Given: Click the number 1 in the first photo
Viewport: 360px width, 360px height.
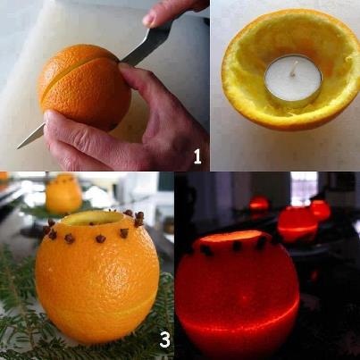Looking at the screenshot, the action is [x=197, y=156].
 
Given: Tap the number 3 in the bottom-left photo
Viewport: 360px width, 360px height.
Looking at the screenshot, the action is [x=164, y=340].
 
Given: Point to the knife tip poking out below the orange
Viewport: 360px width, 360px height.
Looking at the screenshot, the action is [x=29, y=138].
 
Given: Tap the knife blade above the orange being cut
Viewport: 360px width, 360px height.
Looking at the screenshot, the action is [x=146, y=46].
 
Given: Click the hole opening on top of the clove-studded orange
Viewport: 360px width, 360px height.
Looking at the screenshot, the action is [x=92, y=219].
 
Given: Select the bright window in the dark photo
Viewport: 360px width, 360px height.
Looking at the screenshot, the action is [x=304, y=184].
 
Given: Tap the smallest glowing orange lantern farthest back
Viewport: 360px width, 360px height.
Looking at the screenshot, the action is [x=259, y=204].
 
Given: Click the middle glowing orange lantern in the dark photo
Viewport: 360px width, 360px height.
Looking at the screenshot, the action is [x=297, y=224].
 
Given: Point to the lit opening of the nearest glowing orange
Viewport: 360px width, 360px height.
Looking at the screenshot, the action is [x=230, y=237].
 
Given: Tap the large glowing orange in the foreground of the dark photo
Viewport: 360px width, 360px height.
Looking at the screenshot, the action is [x=237, y=293].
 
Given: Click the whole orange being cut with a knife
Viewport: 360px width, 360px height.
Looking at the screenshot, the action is [x=85, y=87].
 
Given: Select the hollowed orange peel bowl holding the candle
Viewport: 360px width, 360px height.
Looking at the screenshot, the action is [x=290, y=69].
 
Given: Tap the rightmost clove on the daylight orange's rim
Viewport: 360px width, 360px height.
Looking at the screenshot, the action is [x=139, y=219].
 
